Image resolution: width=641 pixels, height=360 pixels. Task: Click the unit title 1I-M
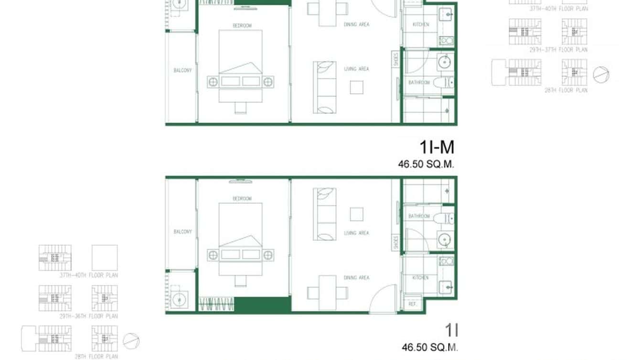click(437, 147)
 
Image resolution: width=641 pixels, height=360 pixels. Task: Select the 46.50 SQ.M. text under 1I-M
click(426, 164)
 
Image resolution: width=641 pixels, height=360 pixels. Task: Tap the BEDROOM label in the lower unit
click(242, 198)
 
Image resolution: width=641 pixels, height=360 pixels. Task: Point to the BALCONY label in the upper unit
click(182, 70)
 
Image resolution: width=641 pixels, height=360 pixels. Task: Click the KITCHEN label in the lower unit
click(420, 277)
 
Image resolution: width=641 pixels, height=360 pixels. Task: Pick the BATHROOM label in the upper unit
click(419, 83)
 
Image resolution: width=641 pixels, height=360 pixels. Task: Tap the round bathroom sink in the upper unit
click(444, 62)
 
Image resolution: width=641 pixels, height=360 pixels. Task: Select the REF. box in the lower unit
click(411, 304)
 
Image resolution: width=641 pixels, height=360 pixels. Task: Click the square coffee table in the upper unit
click(356, 87)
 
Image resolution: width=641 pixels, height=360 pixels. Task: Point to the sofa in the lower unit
click(324, 214)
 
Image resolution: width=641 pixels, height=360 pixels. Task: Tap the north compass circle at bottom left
click(131, 341)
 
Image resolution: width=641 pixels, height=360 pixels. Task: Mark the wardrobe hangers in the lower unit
click(216, 304)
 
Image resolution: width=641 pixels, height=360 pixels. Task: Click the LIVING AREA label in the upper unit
click(356, 69)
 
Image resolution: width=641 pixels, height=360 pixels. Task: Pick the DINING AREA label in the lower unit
click(356, 277)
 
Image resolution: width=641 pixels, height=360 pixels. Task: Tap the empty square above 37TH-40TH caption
click(105, 258)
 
